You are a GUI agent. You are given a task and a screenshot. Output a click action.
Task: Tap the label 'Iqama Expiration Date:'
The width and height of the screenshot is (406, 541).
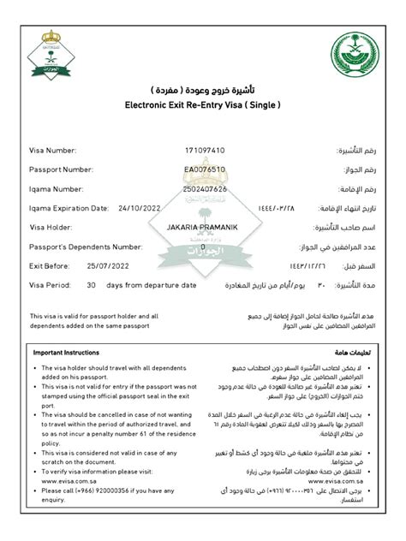point(69,207)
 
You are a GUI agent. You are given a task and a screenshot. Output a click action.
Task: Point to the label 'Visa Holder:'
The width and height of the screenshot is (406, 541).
point(51,227)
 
